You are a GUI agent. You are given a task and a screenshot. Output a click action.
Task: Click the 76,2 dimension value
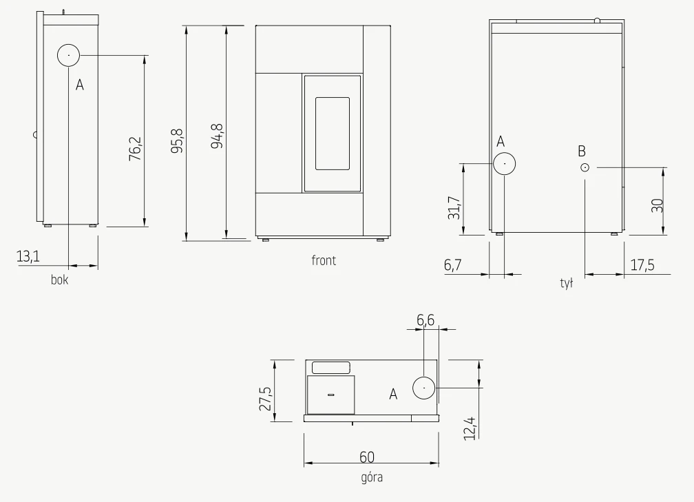135,148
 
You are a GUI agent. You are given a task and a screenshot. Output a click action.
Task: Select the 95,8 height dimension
177,140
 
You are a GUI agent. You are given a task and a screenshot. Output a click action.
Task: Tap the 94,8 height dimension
217,136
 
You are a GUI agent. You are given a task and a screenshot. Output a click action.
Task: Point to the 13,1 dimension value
28,256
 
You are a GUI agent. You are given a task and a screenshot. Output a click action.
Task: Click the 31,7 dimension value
454,208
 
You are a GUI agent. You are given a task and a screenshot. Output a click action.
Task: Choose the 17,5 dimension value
642,265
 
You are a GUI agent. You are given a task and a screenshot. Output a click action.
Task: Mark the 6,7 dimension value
453,264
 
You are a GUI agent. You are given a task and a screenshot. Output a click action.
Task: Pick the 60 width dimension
367,457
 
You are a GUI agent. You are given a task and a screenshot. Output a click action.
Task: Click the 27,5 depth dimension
265,399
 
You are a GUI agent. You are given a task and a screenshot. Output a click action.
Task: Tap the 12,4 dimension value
470,428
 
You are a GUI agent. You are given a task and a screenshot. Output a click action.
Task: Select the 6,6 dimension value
425,320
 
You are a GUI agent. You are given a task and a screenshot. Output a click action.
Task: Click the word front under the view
324,260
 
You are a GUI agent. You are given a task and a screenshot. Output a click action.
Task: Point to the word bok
60,280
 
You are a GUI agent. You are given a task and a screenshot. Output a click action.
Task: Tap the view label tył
567,283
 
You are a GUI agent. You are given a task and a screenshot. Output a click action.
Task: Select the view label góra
372,478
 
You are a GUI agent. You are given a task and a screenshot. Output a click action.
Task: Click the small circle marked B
585,167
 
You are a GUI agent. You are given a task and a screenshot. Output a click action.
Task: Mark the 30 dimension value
658,205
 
